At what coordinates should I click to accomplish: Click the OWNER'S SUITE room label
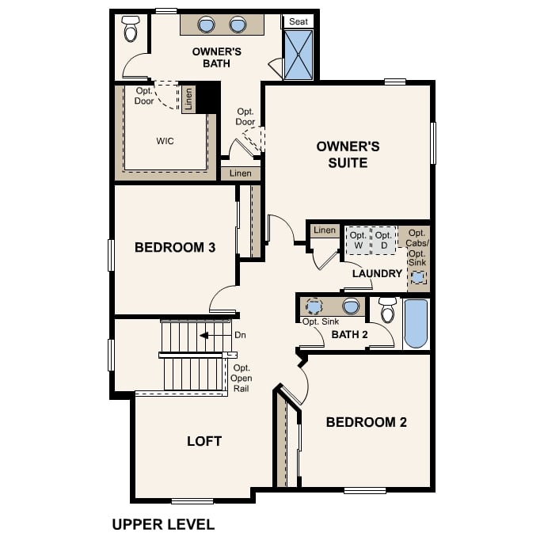[x=348, y=154]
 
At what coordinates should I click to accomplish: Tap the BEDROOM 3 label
[x=175, y=248]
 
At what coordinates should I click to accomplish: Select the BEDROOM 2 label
[x=366, y=422]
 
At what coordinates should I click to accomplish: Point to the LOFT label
[x=204, y=441]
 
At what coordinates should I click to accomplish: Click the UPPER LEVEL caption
[x=163, y=524]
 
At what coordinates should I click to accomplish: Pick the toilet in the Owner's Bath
[x=131, y=29]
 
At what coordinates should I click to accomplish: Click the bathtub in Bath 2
[x=416, y=323]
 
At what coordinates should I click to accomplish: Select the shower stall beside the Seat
[x=299, y=55]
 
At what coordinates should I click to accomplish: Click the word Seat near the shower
[x=299, y=21]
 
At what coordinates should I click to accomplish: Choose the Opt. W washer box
[x=358, y=240]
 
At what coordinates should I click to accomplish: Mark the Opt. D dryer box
[x=383, y=240]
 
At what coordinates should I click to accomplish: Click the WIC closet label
[x=165, y=141]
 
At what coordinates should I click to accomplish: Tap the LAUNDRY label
[x=378, y=274]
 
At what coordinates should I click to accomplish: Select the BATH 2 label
[x=350, y=335]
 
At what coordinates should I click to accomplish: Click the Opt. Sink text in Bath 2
[x=321, y=321]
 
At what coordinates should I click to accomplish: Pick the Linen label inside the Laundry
[x=324, y=230]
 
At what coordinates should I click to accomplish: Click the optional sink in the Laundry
[x=417, y=278]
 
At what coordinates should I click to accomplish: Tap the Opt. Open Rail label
[x=242, y=379]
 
